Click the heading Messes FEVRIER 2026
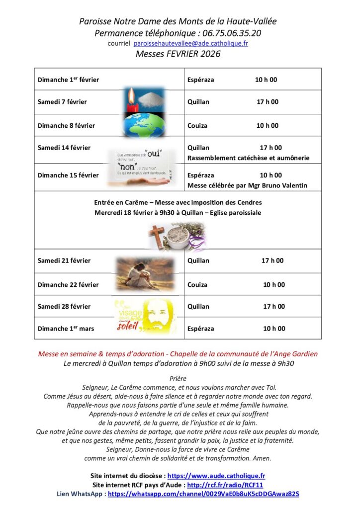pos(178,54)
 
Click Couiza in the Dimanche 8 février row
pos(198,126)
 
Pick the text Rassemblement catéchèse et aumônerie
pos(248,158)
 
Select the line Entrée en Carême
pos(178,202)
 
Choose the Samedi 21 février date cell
pos(64,260)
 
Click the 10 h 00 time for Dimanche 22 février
pos(274,285)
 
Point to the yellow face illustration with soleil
pos(145,317)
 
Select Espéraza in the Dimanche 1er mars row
pos(200,329)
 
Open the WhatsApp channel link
pos(203,494)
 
